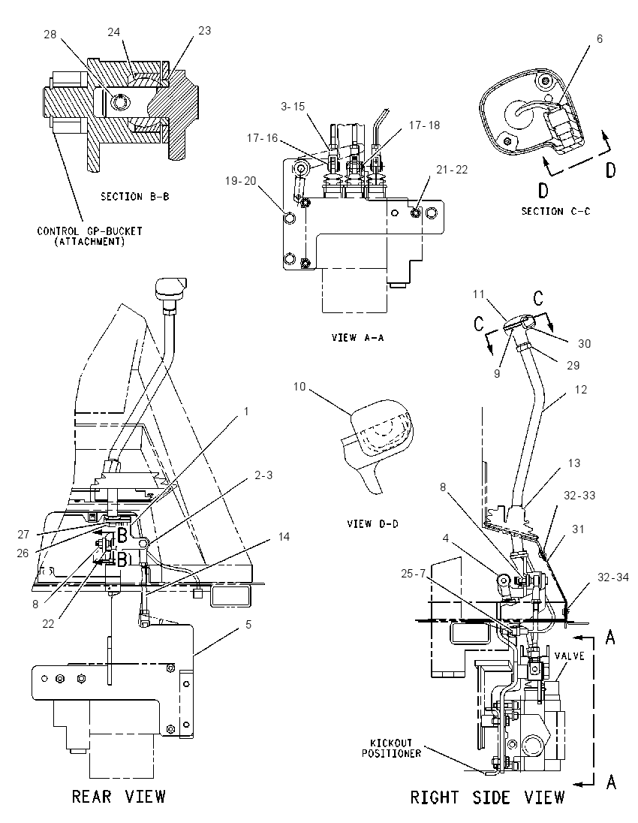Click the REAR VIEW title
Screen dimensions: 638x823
119,796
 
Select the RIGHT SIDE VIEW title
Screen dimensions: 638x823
487,797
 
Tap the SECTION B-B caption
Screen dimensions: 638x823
135,197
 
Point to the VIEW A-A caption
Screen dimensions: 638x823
357,337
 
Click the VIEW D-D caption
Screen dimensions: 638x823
372,524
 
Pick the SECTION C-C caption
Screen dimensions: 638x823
555,211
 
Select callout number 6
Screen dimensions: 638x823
600,39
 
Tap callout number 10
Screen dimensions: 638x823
299,387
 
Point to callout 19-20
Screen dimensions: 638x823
240,180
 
